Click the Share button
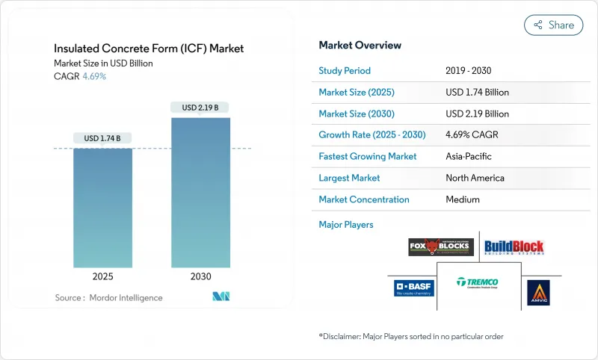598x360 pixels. pyautogui.click(x=554, y=25)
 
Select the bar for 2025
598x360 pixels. pyautogui.click(x=102, y=208)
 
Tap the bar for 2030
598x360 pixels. pyautogui.click(x=200, y=192)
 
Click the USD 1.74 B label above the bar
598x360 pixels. pyautogui.click(x=102, y=138)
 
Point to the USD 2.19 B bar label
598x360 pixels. pyautogui.click(x=200, y=108)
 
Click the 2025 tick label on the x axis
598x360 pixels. pyautogui.click(x=102, y=276)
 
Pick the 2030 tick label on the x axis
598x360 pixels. pyautogui.click(x=200, y=276)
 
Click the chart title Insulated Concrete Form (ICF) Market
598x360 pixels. pyautogui.click(x=149, y=49)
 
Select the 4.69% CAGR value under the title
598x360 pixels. pyautogui.click(x=93, y=76)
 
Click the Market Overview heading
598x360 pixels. pyautogui.click(x=360, y=46)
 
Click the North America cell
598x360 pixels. pyautogui.click(x=475, y=178)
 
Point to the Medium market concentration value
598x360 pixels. pyautogui.click(x=462, y=199)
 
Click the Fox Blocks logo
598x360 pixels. pyautogui.click(x=441, y=246)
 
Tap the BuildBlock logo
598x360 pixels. pyautogui.click(x=514, y=246)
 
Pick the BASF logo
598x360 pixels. pyautogui.click(x=410, y=288)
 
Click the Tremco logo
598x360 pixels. pyautogui.click(x=478, y=283)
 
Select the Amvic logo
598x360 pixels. pyautogui.click(x=537, y=292)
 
